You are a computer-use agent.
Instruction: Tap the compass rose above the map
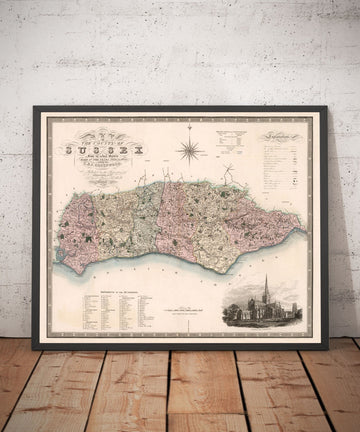pyautogui.click(x=187, y=151)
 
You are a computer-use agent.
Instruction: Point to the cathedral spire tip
pyautogui.click(x=266, y=277)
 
